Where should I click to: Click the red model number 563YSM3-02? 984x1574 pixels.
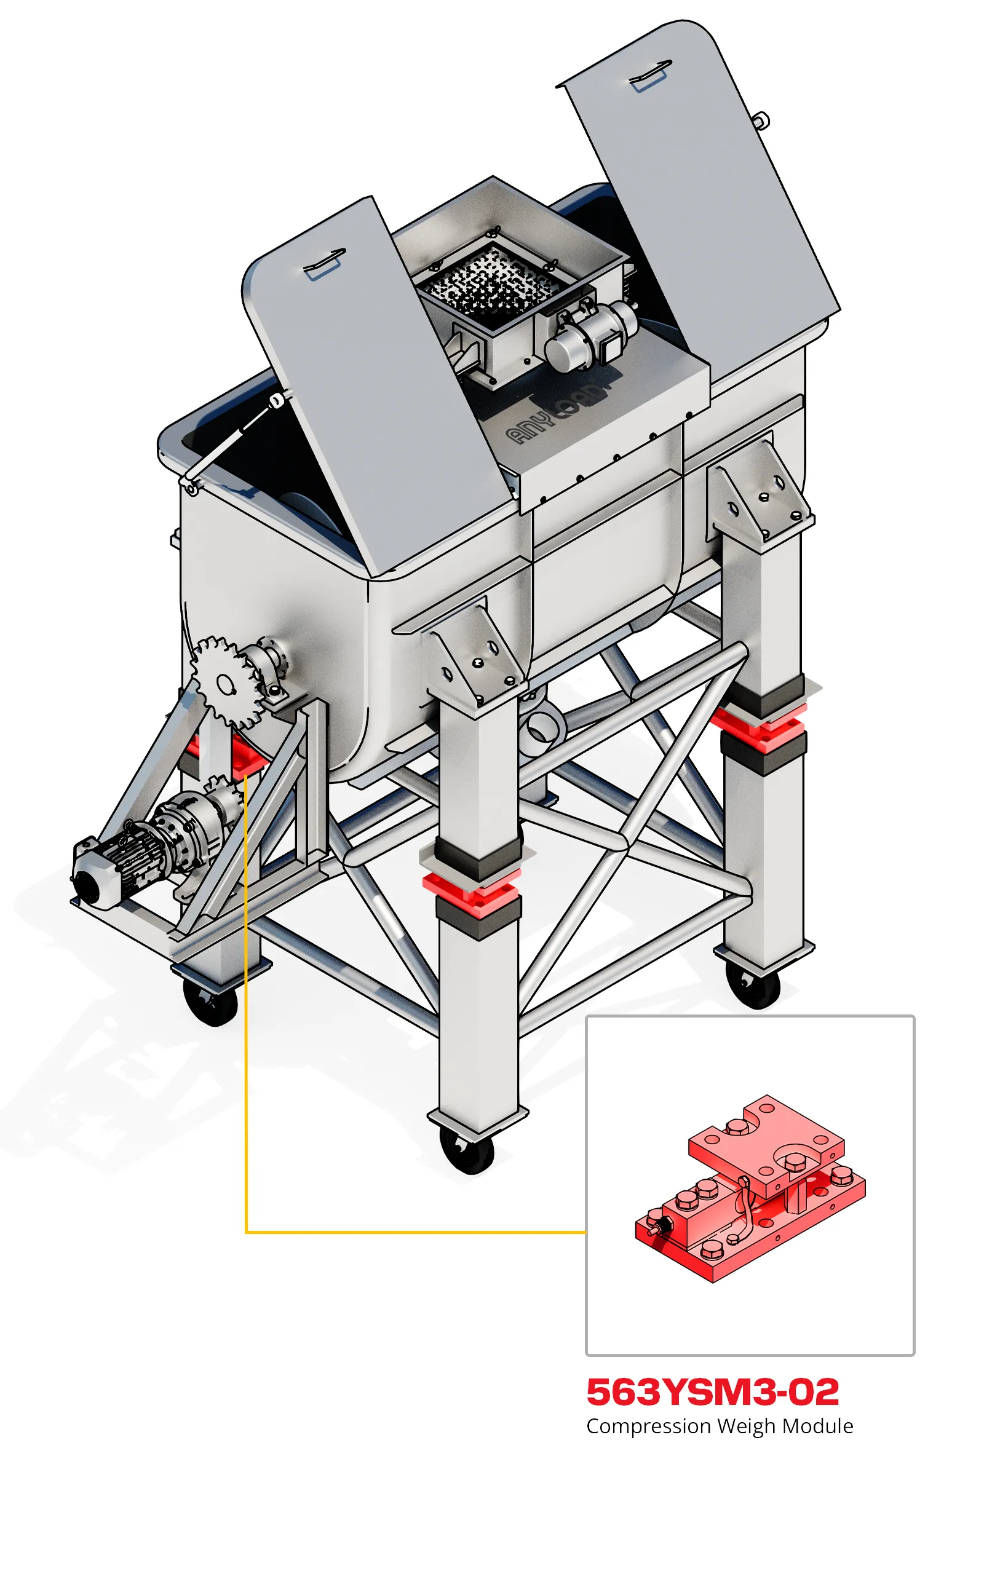[x=713, y=1392]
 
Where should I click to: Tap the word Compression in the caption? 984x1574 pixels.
[x=648, y=1426]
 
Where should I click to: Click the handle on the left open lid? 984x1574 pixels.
[x=324, y=264]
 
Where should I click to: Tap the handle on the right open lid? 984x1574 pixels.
[x=650, y=76]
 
